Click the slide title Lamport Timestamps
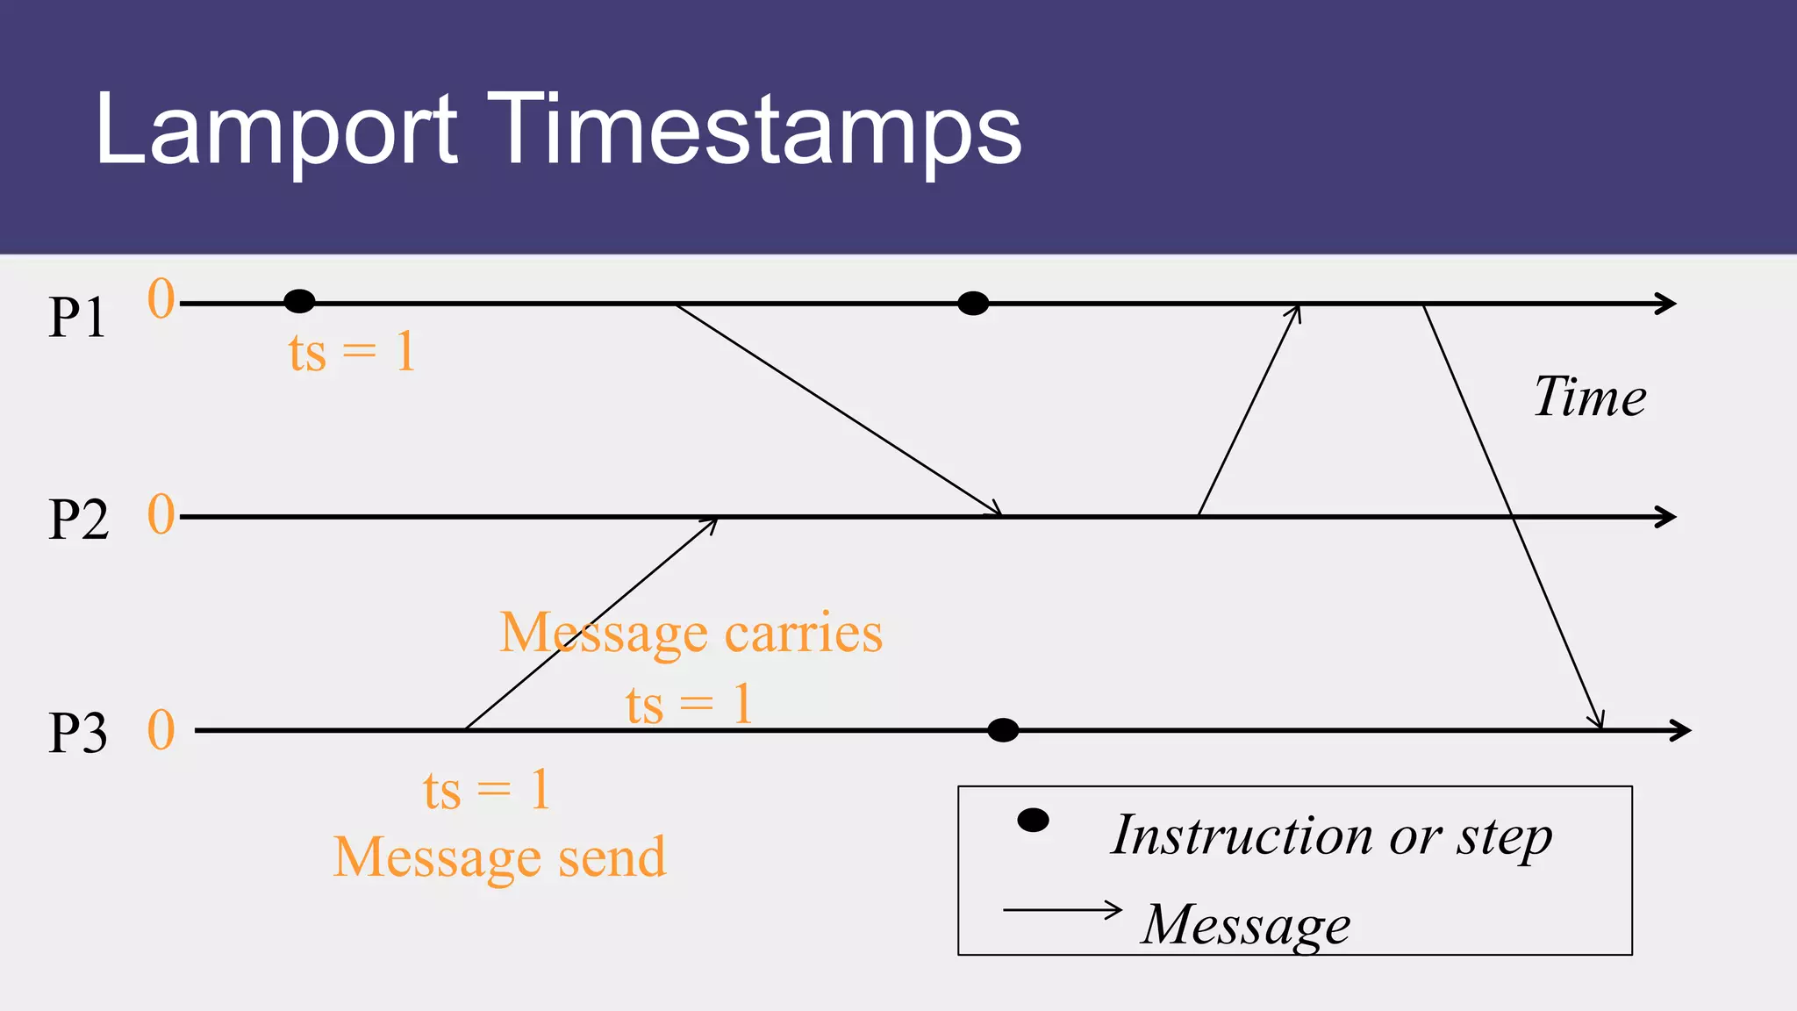coord(558,130)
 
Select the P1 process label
coord(77,317)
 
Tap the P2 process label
coord(78,519)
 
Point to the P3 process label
coord(78,733)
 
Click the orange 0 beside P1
coord(161,299)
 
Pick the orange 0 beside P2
coord(161,514)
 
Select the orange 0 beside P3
coord(161,730)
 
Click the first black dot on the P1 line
coord(299,302)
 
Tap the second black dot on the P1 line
coord(973,304)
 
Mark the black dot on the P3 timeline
coord(1003,730)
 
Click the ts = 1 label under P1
coord(352,353)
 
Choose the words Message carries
coord(691,633)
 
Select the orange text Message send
coord(499,857)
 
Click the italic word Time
coord(1590,397)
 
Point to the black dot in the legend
coord(1033,821)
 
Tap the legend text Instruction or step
coord(1331,835)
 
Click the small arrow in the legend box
coord(1063,910)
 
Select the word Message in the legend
coord(1246,925)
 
